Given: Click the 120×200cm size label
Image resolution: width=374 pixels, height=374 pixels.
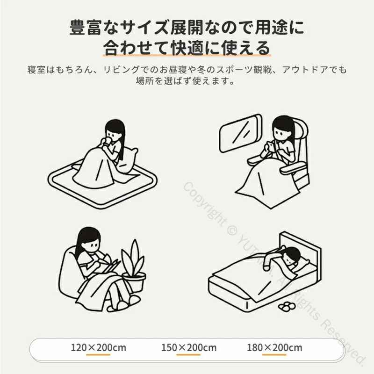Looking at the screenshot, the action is coord(98,347).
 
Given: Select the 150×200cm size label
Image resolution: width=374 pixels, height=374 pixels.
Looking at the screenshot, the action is coord(189,347).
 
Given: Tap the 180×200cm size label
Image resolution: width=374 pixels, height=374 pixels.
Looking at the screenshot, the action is coord(274,347).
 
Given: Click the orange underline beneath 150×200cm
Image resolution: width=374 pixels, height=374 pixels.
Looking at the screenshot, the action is coord(188,355).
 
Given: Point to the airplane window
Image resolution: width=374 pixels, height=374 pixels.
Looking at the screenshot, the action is coord(240,133).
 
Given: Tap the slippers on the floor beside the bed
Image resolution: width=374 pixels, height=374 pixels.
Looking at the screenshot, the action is coord(287,307).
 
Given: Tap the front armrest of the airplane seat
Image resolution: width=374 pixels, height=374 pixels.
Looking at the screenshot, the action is coord(293,169).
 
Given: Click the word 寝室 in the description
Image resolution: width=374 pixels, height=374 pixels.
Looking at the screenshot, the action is coord(36,70).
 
